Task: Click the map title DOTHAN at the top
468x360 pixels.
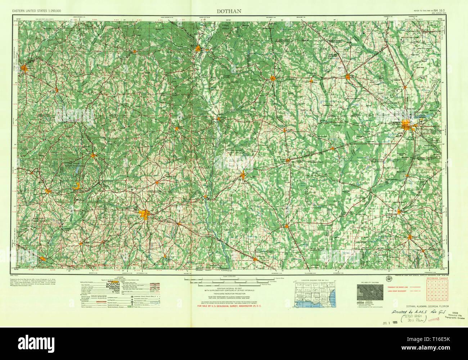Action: click(229, 11)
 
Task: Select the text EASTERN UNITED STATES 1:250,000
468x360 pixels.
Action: click(37, 11)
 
